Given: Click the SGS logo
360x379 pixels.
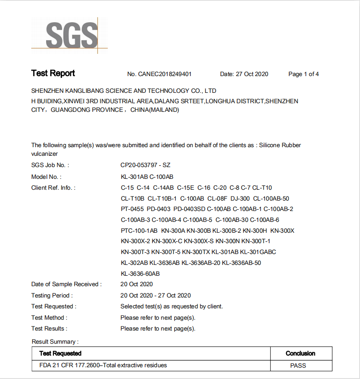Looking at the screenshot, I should point(72,34).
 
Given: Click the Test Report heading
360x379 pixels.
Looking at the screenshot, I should point(53,73).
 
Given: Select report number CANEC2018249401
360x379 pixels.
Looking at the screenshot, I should point(159,74).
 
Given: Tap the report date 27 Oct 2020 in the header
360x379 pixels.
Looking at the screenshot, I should point(244,74).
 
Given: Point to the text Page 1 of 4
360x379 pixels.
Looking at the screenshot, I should point(303,74).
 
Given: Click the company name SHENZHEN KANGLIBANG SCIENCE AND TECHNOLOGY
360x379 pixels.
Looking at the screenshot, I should point(124,91).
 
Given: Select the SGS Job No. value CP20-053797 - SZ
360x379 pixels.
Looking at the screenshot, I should point(145,165).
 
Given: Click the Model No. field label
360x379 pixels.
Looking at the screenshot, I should point(46,177).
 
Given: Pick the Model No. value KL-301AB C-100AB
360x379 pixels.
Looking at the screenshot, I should point(147,177).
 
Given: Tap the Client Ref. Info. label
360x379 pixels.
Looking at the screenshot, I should point(53,187).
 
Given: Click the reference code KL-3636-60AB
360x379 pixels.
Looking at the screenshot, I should point(140,273).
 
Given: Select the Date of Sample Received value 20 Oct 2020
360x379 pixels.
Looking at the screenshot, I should point(137,284).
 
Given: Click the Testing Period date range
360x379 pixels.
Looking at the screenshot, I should point(155,296).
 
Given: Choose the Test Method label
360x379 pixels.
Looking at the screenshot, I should point(49,317).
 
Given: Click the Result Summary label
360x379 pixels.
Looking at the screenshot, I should point(55,341).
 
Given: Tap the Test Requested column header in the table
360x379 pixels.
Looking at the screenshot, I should point(60,353).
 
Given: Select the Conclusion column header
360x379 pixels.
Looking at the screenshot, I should point(300,353).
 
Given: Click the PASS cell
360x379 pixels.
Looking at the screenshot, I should point(298,365).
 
